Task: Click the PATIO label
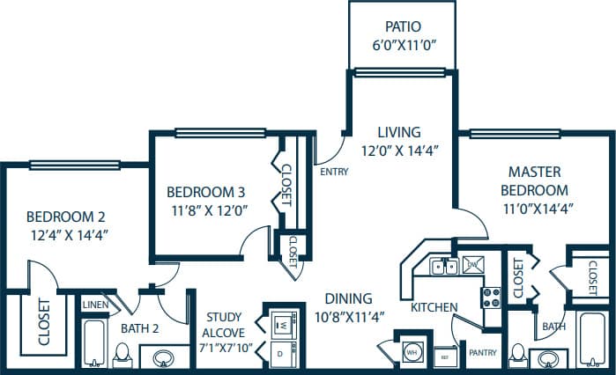coord(401,26)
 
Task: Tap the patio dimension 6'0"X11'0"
coord(401,45)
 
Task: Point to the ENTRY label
coord(334,172)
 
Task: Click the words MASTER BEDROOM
coord(534,180)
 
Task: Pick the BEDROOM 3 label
coord(206,192)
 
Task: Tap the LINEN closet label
coord(95,305)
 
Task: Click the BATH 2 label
coord(138,329)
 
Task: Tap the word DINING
coord(347,298)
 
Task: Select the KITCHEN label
coord(434,307)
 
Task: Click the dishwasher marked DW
coord(472,263)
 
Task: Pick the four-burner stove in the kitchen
coord(491,297)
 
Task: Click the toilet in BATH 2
coord(122,355)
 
